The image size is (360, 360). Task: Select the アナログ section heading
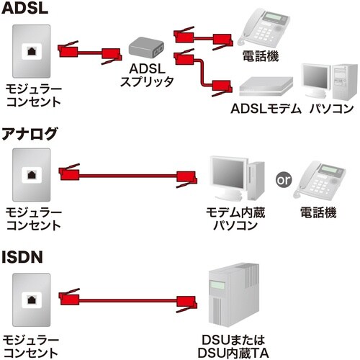click(x=32, y=134)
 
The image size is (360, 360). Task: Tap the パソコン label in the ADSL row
click(x=331, y=109)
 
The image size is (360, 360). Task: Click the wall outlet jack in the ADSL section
click(x=31, y=50)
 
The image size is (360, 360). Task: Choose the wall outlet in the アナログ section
click(x=31, y=174)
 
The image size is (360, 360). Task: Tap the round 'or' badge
click(x=284, y=179)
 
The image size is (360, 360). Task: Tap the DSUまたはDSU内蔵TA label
click(x=234, y=343)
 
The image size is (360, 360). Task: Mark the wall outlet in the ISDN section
click(x=31, y=297)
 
